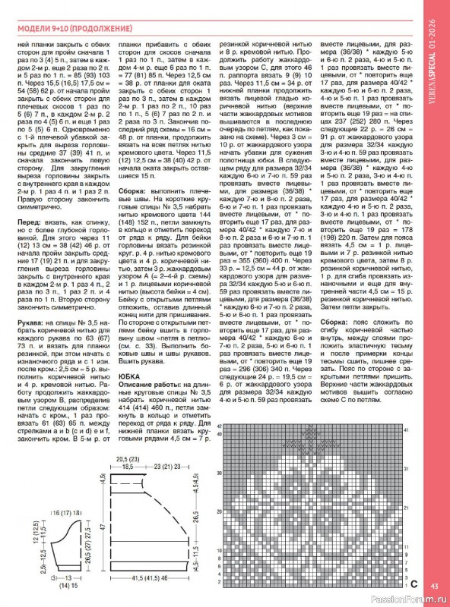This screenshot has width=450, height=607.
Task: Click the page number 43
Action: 434,585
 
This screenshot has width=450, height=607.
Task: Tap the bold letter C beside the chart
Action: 414,584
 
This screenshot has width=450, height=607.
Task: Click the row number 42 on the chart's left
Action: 220,427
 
